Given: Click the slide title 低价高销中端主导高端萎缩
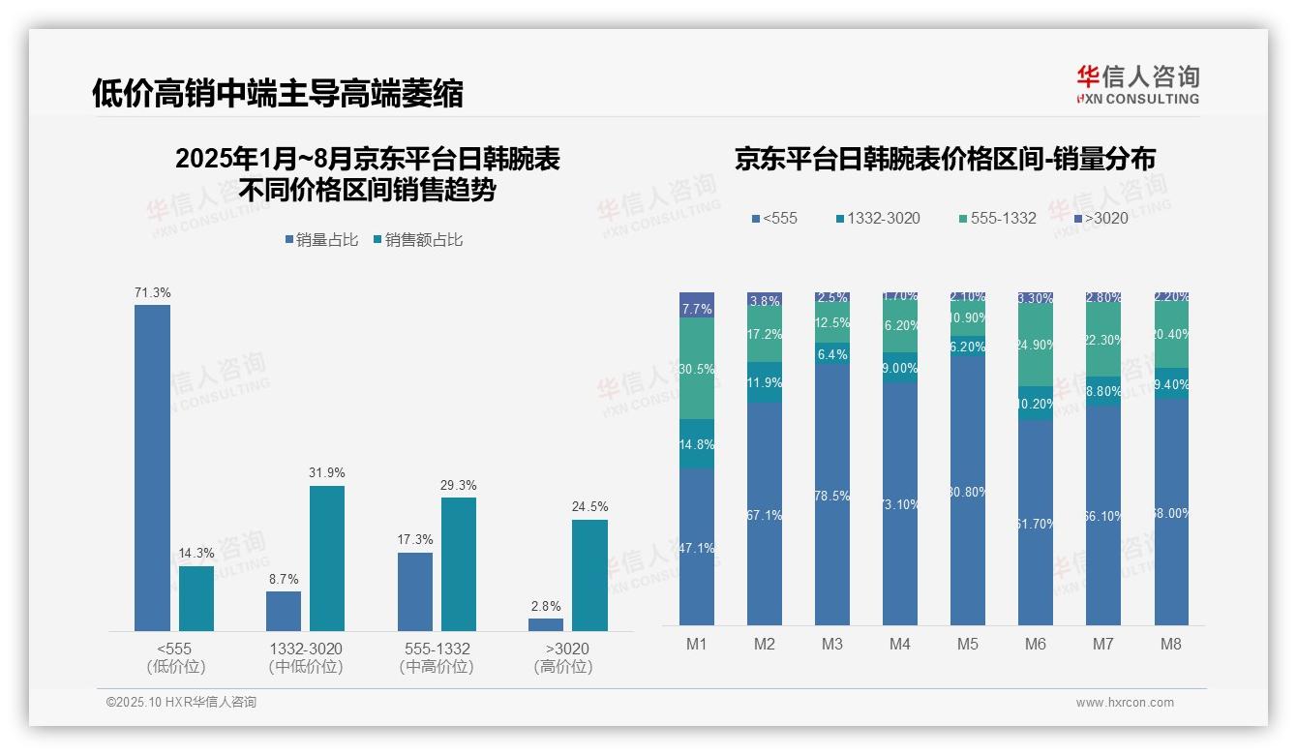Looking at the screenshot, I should click(x=278, y=93).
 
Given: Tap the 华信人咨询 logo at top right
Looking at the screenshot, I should click(x=1137, y=84).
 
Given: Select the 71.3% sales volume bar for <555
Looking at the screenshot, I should click(x=152, y=468).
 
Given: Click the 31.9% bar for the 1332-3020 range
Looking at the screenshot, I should click(x=327, y=558).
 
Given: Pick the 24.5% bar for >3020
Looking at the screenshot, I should click(x=589, y=575).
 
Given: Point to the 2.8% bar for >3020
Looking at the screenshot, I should click(x=546, y=624).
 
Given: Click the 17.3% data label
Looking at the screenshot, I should click(x=415, y=540).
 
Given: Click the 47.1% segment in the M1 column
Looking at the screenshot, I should click(x=697, y=547).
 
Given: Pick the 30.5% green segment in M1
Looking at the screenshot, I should click(x=697, y=369).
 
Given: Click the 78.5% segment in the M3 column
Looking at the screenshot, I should click(x=832, y=495).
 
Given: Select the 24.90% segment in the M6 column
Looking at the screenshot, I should click(x=1036, y=346).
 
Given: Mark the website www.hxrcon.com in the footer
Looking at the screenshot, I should click(x=1124, y=703).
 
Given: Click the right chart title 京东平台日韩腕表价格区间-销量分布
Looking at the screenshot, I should click(x=945, y=160).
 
